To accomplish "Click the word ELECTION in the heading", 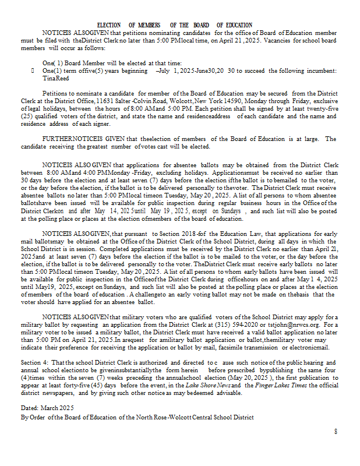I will pos(109,25).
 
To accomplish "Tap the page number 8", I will pos(336,431).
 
